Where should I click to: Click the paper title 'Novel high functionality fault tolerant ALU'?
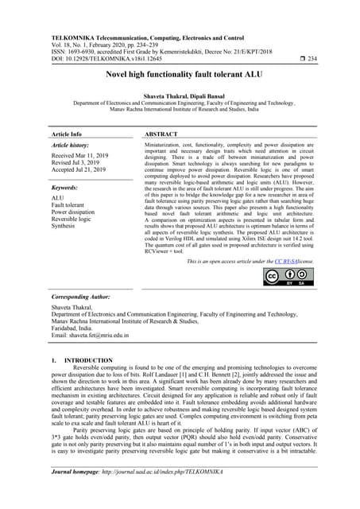pos(180,74)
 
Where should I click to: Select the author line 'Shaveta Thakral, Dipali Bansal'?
pos(180,95)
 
